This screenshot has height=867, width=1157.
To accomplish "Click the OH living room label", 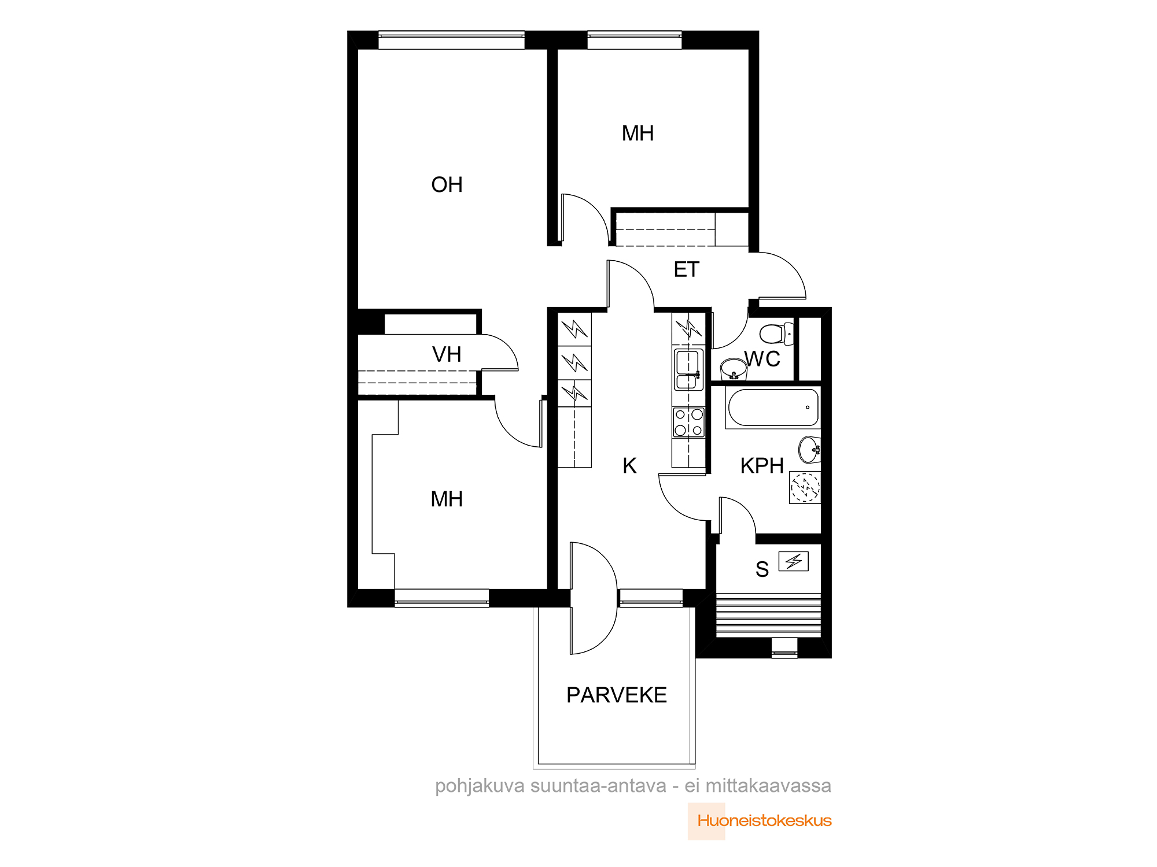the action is click(x=447, y=185).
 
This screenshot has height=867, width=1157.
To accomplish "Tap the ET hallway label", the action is click(x=687, y=270).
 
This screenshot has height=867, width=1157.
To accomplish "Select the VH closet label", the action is click(x=447, y=354).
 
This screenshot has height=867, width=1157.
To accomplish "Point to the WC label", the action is click(x=762, y=359).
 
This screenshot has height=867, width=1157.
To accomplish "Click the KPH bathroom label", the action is click(x=762, y=466).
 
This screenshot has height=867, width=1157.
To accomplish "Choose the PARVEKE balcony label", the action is click(x=617, y=695).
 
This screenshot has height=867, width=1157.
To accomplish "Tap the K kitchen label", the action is click(x=629, y=466).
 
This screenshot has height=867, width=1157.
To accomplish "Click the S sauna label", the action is click(x=762, y=570).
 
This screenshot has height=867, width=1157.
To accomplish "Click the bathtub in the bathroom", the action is click(x=773, y=408).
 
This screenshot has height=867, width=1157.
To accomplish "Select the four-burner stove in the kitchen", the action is click(x=688, y=422).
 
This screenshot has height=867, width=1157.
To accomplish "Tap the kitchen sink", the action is click(x=688, y=369).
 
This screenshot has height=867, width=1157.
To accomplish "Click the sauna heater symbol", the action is click(x=793, y=561).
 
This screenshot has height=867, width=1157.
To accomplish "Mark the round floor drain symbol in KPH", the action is click(x=805, y=487).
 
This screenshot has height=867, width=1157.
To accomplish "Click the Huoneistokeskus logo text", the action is click(x=764, y=821).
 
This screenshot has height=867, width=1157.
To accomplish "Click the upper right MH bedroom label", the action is click(x=638, y=134).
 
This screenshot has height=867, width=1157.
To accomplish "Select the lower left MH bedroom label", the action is click(x=447, y=499).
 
